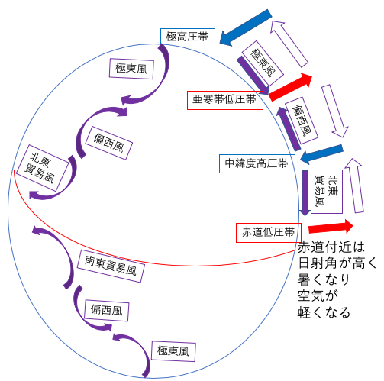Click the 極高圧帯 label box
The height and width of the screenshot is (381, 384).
188,37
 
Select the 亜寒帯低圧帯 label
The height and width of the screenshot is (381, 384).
225,100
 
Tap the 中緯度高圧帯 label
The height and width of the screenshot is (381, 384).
257,163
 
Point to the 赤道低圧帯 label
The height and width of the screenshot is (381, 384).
269,233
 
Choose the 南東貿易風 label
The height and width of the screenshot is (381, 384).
111,266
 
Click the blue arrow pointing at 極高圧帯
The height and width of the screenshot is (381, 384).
245,28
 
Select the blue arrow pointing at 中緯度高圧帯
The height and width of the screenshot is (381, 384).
321,154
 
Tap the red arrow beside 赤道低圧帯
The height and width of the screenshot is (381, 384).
331,227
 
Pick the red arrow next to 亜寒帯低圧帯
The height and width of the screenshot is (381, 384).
291,87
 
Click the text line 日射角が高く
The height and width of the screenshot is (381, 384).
337,263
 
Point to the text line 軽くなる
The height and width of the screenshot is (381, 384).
324,312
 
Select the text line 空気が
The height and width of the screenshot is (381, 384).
318,295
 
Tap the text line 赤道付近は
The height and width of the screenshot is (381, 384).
331,247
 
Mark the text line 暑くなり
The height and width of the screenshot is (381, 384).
324,279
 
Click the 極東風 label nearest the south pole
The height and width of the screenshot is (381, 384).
173,351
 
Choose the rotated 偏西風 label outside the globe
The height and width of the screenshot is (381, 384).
302,121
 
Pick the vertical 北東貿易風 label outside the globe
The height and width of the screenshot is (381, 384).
327,192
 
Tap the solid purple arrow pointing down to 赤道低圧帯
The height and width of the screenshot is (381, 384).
305,193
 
